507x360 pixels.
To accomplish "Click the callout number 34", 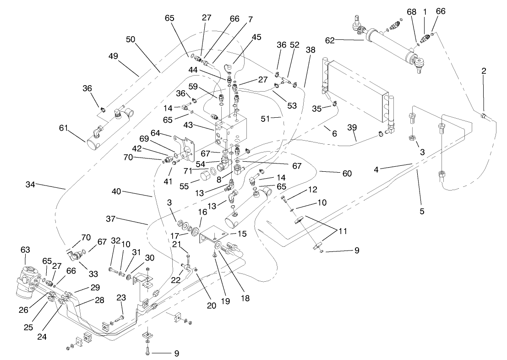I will [31, 185].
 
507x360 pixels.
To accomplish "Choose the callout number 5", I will [422, 211].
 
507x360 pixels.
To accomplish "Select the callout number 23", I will [121, 297].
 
